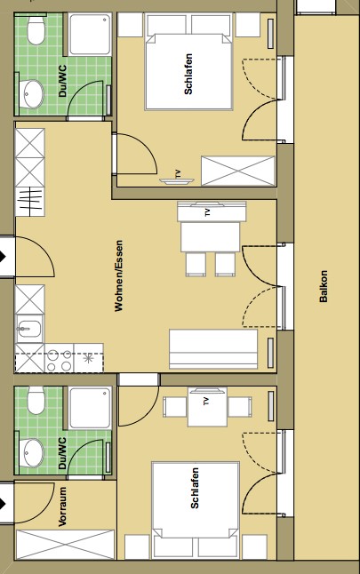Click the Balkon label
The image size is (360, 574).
coord(324,286)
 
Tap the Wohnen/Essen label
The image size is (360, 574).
coord(118,275)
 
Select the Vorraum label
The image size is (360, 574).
coord(62,506)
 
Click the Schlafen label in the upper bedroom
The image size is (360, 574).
coord(188,74)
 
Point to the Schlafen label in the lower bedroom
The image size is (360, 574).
coord(195,488)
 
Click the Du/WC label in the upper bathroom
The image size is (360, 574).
coord(62,81)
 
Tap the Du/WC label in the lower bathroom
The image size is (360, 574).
coord(62,453)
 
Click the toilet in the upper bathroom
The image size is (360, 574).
coord(36,29)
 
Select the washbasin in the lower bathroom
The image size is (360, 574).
coord(30,452)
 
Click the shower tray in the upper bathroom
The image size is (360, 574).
coord(90,35)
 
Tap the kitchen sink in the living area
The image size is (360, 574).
coord(29,329)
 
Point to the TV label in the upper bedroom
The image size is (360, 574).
coord(179,173)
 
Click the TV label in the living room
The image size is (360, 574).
coord(207,212)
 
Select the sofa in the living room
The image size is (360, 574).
coord(213,349)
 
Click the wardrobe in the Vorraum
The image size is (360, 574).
coord(65,545)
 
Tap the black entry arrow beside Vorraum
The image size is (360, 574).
coord(3,504)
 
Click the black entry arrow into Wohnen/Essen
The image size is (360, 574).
coord(3,256)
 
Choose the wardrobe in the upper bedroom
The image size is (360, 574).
coord(238,171)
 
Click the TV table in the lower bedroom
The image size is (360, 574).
coord(207,407)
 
